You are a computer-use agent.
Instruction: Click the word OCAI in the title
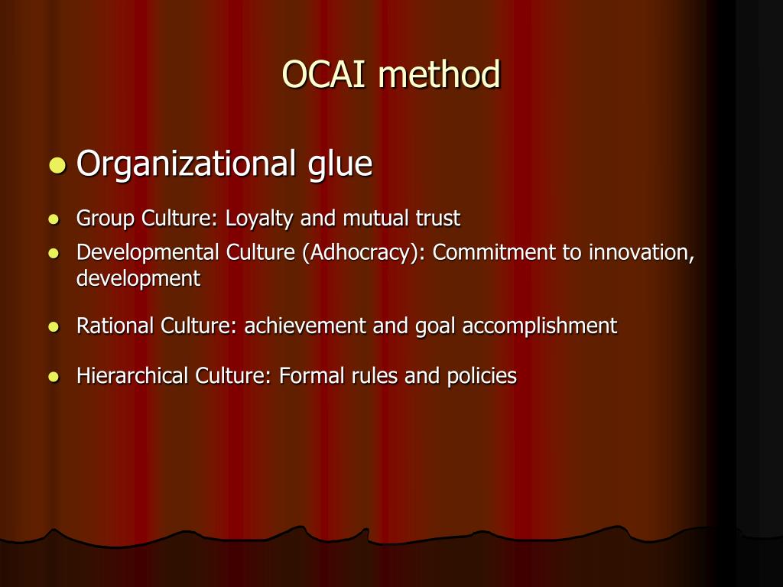tap(326, 75)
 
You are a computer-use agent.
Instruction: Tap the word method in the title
tap(439, 75)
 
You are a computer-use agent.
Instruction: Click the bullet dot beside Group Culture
tap(53, 219)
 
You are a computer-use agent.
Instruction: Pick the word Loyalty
tap(259, 219)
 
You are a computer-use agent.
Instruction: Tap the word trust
tap(437, 219)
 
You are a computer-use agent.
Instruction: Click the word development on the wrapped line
tap(138, 279)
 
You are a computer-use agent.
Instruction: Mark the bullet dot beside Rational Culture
tap(53, 327)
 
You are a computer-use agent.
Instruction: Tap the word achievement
tap(305, 326)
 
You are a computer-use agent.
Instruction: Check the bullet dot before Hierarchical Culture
tap(53, 377)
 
